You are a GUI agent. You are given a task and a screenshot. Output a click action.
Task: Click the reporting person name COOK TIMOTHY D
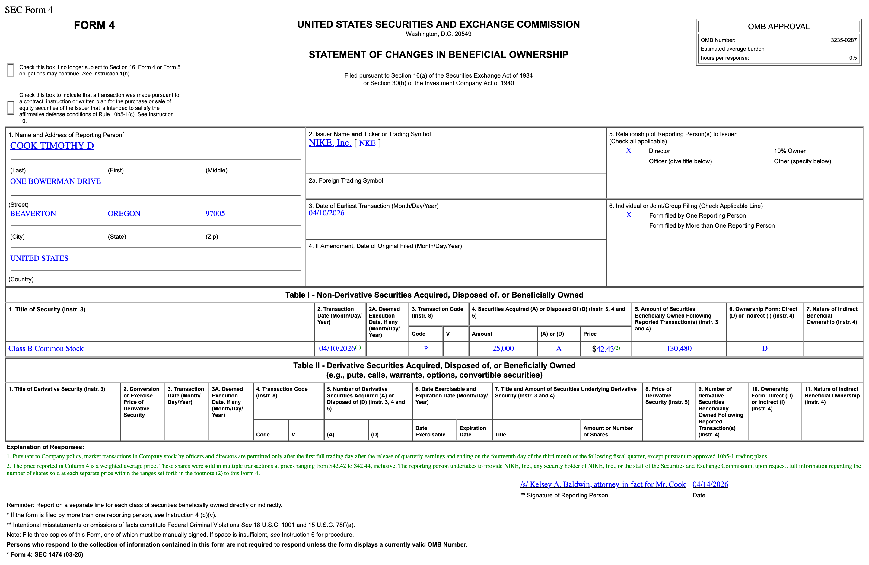click(x=52, y=146)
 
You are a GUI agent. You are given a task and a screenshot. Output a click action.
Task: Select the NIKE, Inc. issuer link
click(x=330, y=143)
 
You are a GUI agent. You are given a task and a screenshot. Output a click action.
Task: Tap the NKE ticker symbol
click(x=367, y=143)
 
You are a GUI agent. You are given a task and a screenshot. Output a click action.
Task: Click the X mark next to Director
click(x=629, y=151)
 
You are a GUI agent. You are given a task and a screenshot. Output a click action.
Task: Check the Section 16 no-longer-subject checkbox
click(x=11, y=71)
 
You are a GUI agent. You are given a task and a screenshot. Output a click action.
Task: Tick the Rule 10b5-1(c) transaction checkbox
click(x=11, y=108)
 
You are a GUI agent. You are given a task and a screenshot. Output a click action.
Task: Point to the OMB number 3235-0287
click(x=843, y=40)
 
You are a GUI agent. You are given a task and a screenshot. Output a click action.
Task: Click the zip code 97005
click(x=215, y=214)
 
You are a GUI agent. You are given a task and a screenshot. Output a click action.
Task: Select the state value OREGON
click(x=124, y=214)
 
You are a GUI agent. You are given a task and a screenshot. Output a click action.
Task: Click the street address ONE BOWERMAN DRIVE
click(x=56, y=181)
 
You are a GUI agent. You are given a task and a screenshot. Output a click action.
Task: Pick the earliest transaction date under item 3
click(x=326, y=213)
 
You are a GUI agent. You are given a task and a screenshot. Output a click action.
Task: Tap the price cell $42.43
click(x=603, y=349)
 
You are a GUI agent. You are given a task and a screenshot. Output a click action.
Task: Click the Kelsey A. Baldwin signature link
click(x=603, y=484)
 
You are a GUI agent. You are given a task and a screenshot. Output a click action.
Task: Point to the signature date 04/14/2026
click(x=710, y=484)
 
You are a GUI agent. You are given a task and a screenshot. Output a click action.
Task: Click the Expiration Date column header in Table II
click(x=473, y=431)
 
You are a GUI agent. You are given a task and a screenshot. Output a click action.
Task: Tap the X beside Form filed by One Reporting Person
click(x=629, y=215)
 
